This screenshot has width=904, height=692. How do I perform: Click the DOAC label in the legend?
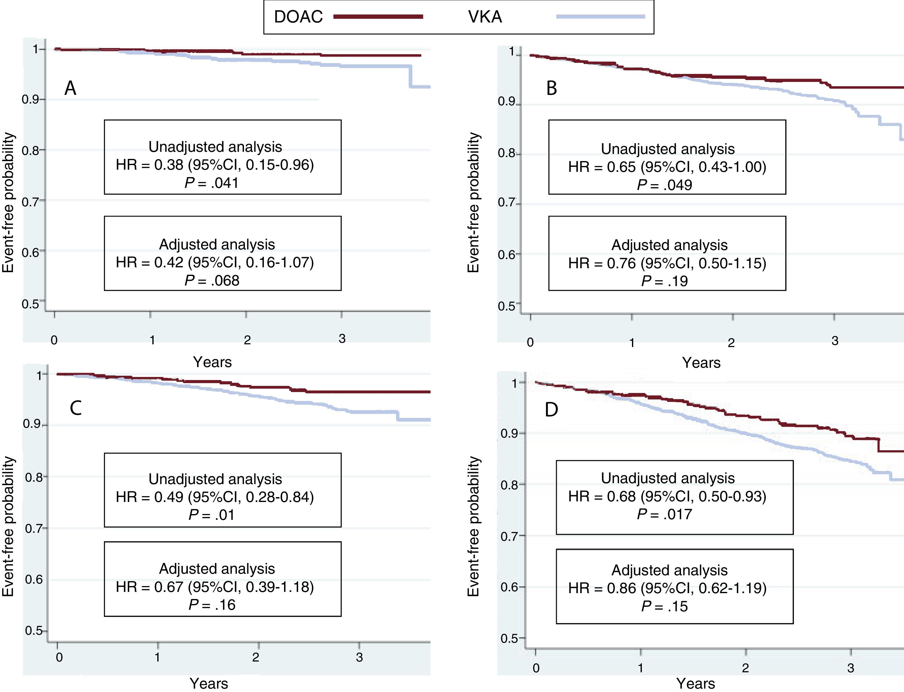coord(298,17)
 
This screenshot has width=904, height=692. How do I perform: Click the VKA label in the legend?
coord(485,17)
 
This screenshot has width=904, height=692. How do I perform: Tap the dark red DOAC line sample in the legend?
coord(378,17)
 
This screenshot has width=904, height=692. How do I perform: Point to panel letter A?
coord(71,88)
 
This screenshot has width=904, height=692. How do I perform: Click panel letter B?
coord(551,88)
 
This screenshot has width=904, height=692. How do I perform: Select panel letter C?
coord(76,408)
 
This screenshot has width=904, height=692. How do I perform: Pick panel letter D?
coord(551,409)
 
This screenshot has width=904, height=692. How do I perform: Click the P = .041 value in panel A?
coord(212,183)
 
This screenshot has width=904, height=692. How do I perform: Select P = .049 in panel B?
coord(664,185)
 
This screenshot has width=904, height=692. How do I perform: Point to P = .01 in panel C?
coord(212,515)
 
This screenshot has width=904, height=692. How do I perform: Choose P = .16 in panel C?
coord(212,605)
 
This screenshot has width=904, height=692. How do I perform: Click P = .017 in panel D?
coord(664,514)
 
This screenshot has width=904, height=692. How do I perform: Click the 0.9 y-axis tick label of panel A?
coord(32,100)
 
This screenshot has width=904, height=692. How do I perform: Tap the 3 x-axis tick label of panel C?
coord(359,657)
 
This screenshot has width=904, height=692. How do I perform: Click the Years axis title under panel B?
coord(701,363)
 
